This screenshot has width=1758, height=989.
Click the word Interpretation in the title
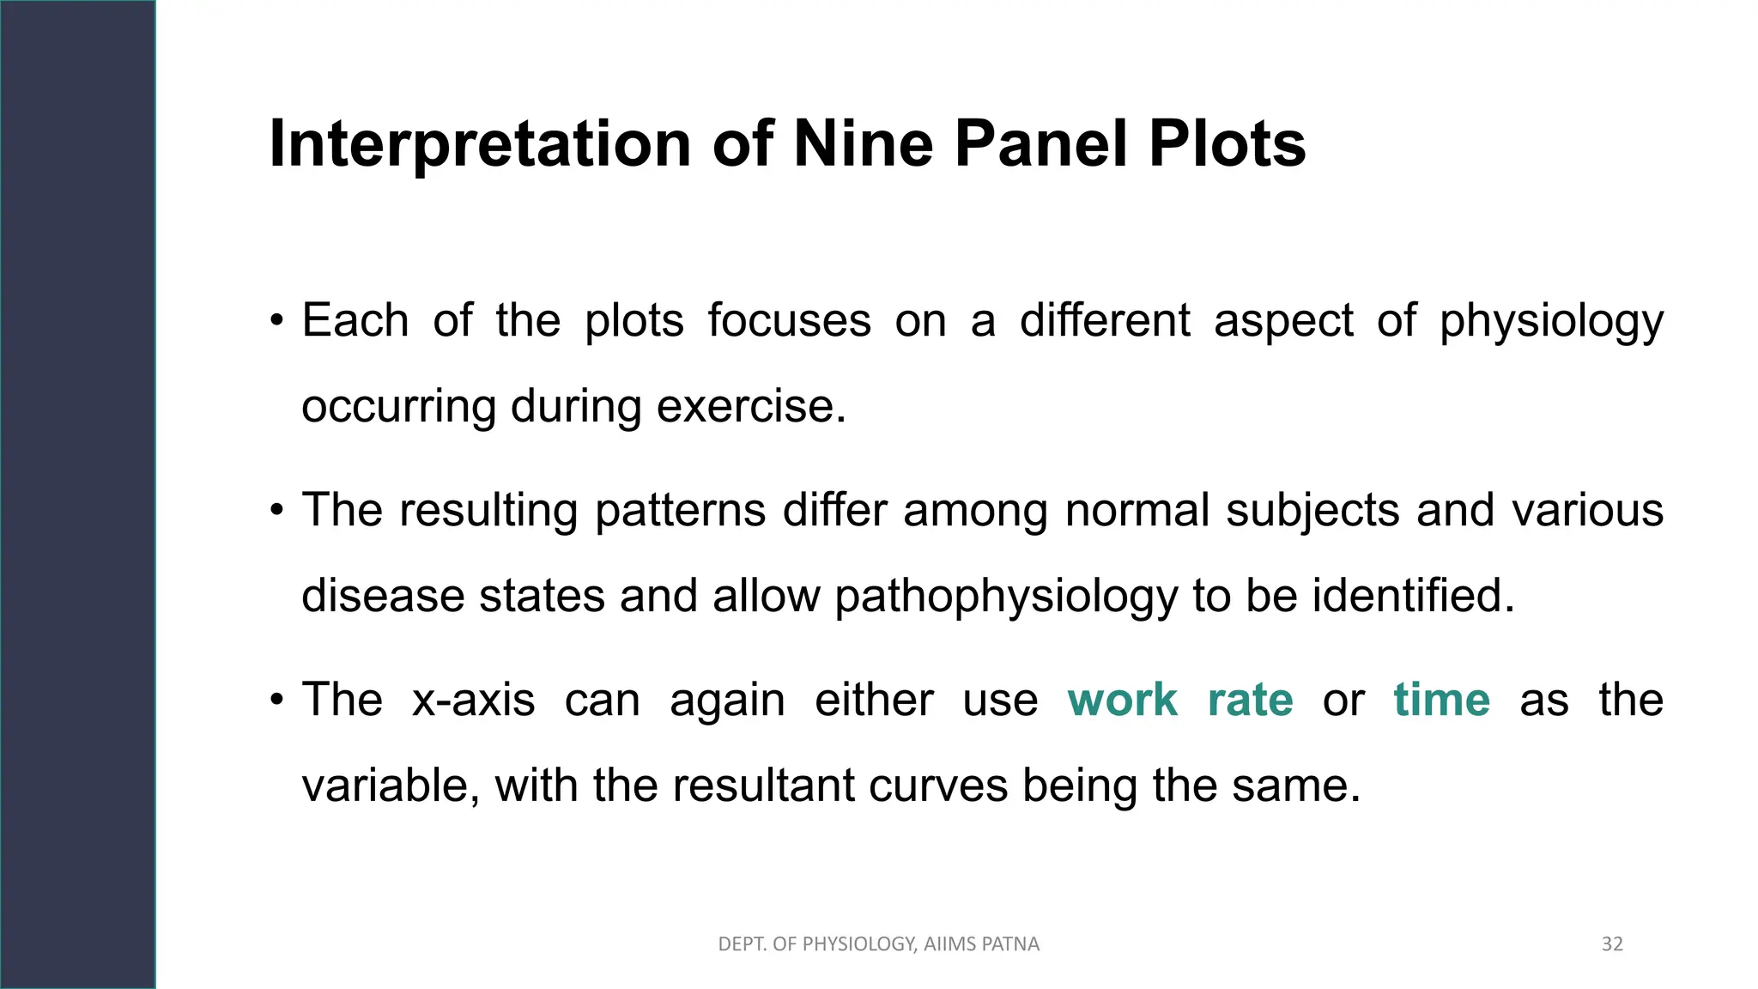click(480, 143)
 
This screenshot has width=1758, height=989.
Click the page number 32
click(1612, 944)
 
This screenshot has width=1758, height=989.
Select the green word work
click(1122, 699)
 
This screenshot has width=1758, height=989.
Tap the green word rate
click(1250, 699)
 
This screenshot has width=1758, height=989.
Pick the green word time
click(1441, 699)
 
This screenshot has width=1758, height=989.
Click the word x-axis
click(473, 699)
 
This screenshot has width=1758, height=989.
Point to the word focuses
click(789, 320)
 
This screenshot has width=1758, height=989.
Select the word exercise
click(751, 406)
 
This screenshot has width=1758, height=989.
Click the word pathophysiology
click(1006, 596)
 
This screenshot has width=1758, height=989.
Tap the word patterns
click(680, 510)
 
